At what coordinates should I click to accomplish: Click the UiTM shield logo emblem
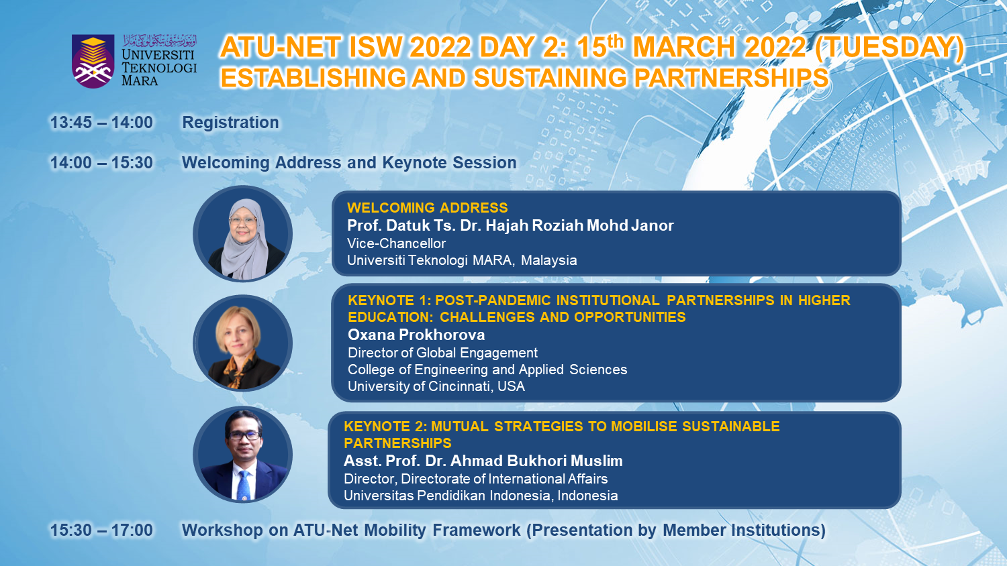(93, 61)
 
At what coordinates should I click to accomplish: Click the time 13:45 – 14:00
(101, 123)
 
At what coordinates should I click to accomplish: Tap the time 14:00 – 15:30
(101, 162)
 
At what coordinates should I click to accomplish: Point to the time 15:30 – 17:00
(101, 530)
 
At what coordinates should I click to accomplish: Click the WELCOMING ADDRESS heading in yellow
(428, 207)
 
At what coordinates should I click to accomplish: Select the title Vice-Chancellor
(396, 243)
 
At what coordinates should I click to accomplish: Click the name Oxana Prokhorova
(416, 335)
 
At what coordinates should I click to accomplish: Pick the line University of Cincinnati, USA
(436, 386)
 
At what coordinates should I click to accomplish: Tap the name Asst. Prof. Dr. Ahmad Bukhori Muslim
(483, 461)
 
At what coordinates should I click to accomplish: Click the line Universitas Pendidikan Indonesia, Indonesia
(481, 496)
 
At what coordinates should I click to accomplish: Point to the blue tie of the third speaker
(243, 485)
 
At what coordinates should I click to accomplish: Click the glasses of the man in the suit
(244, 435)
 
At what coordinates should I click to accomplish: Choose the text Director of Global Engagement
(442, 353)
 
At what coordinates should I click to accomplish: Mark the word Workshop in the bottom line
(222, 530)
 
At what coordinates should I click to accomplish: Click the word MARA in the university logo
(140, 81)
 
